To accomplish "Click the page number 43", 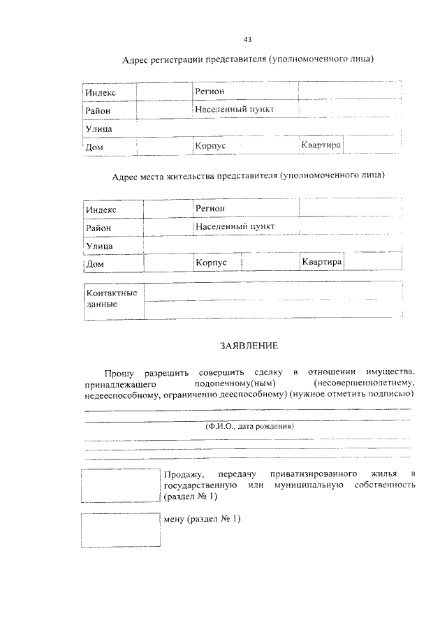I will coord(248,38).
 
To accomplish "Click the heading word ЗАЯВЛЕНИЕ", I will coord(249,345).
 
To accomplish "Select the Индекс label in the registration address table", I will coord(101,93).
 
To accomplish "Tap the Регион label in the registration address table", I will coord(211,91).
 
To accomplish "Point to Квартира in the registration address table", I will coord(321,145).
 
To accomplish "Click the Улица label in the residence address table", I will coord(99,246).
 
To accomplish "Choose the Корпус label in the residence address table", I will coord(212,262).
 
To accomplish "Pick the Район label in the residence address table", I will coord(98,228).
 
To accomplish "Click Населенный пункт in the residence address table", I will coord(235,227).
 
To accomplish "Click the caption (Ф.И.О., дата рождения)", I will coord(249,426).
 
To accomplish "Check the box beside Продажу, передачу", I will coord(120,485).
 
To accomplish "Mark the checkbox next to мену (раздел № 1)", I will coord(120,530).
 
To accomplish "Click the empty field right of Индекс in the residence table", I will coord(168,209).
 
